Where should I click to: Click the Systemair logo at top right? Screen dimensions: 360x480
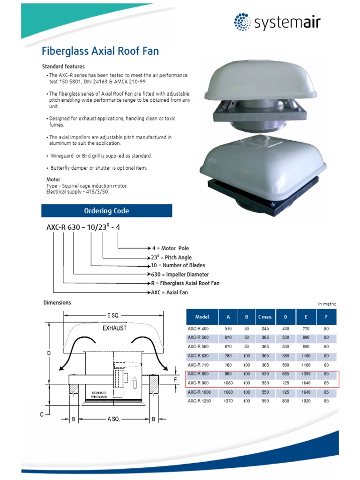(277, 22)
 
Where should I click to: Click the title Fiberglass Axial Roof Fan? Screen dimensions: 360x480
(100, 51)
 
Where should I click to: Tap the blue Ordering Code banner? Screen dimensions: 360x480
(107, 211)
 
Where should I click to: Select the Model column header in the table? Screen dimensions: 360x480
(202, 317)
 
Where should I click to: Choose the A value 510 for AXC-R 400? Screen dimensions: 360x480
(229, 329)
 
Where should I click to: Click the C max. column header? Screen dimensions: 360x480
(265, 317)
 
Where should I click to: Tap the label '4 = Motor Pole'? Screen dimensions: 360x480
(171, 248)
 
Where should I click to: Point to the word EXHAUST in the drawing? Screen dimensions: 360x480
(115, 329)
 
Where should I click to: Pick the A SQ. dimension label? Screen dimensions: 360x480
(113, 419)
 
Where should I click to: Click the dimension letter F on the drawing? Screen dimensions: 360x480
(175, 379)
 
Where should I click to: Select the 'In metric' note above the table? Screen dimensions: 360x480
(327, 304)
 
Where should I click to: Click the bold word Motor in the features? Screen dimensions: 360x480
(53, 180)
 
